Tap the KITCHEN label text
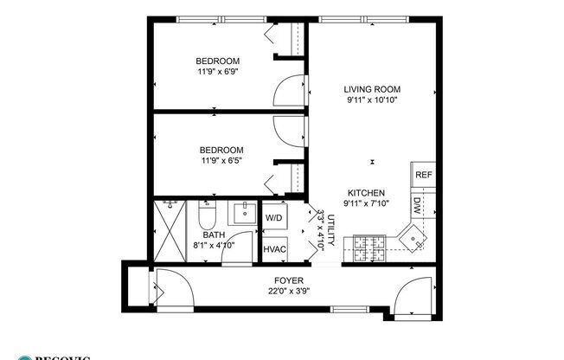coord(366,193)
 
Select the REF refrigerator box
coord(423,175)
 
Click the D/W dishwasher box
coord(416,205)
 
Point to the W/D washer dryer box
coord(274,217)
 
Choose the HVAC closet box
coord(274,247)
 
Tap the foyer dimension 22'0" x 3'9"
coord(288,290)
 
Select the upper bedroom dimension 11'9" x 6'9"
coord(218,72)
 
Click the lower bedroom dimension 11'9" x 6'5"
coord(218,160)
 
